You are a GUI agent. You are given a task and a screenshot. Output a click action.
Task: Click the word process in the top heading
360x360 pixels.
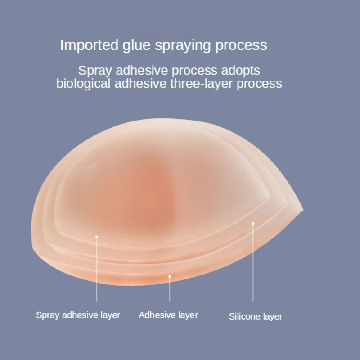241,45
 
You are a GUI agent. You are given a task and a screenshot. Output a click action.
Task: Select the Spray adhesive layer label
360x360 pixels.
78,315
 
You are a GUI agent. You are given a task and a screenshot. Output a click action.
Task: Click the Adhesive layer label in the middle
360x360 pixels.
168,315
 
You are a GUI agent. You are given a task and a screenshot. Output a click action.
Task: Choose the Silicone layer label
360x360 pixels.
256,316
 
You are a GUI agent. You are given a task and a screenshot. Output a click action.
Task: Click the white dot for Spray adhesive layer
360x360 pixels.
96,235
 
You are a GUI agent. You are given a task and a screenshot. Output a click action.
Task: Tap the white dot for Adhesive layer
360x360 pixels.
170,276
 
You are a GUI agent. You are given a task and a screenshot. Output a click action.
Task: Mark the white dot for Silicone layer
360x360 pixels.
253,223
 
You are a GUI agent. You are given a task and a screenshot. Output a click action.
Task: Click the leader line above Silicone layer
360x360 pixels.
253,265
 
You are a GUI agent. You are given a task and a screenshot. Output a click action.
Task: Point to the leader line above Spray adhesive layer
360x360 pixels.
96,270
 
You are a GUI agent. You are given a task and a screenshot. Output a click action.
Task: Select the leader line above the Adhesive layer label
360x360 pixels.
170,290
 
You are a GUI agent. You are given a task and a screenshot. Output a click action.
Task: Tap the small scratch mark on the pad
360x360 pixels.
89,166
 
